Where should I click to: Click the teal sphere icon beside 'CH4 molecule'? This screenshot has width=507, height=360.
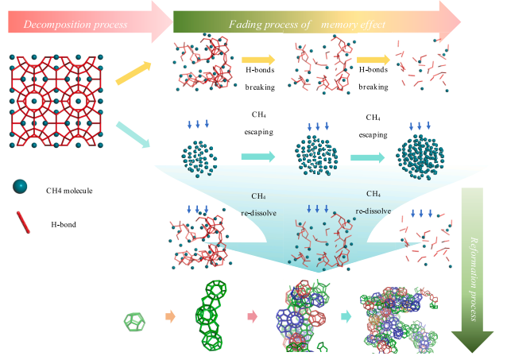click(20, 188)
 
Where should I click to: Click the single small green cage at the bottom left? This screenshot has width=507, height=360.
click(135, 321)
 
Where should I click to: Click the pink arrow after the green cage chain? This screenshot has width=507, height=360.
click(253, 317)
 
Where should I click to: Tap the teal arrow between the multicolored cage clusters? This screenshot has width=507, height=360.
click(346, 316)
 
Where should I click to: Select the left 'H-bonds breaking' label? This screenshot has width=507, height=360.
click(259, 79)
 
